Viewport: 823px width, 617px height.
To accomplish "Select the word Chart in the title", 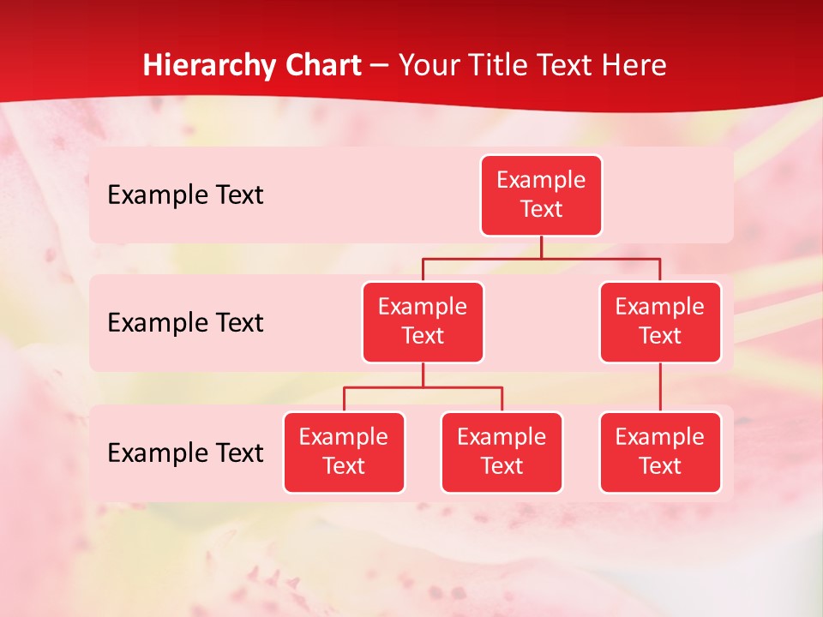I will [x=322, y=65].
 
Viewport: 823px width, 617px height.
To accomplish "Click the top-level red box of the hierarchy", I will [x=541, y=195].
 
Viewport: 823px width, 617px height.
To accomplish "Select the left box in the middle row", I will [x=423, y=321].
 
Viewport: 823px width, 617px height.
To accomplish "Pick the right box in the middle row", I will [x=660, y=321].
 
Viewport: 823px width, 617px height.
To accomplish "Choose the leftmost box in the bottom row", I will [x=344, y=452].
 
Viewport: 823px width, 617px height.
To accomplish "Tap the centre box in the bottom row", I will [x=502, y=452].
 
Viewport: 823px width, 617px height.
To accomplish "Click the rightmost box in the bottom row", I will [x=660, y=452].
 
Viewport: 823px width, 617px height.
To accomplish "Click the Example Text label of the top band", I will [x=185, y=195].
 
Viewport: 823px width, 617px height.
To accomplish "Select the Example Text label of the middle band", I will [x=185, y=322].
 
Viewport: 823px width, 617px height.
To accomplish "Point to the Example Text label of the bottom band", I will [x=185, y=452].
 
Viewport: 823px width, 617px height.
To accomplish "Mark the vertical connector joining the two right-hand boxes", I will [x=660, y=387].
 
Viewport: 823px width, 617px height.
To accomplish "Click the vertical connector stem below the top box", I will [x=541, y=247].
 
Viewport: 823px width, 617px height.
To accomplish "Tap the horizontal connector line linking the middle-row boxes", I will [x=541, y=258].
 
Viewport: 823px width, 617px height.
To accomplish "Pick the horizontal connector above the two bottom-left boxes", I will [x=423, y=388].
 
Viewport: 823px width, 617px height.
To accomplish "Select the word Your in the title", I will [x=429, y=65].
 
